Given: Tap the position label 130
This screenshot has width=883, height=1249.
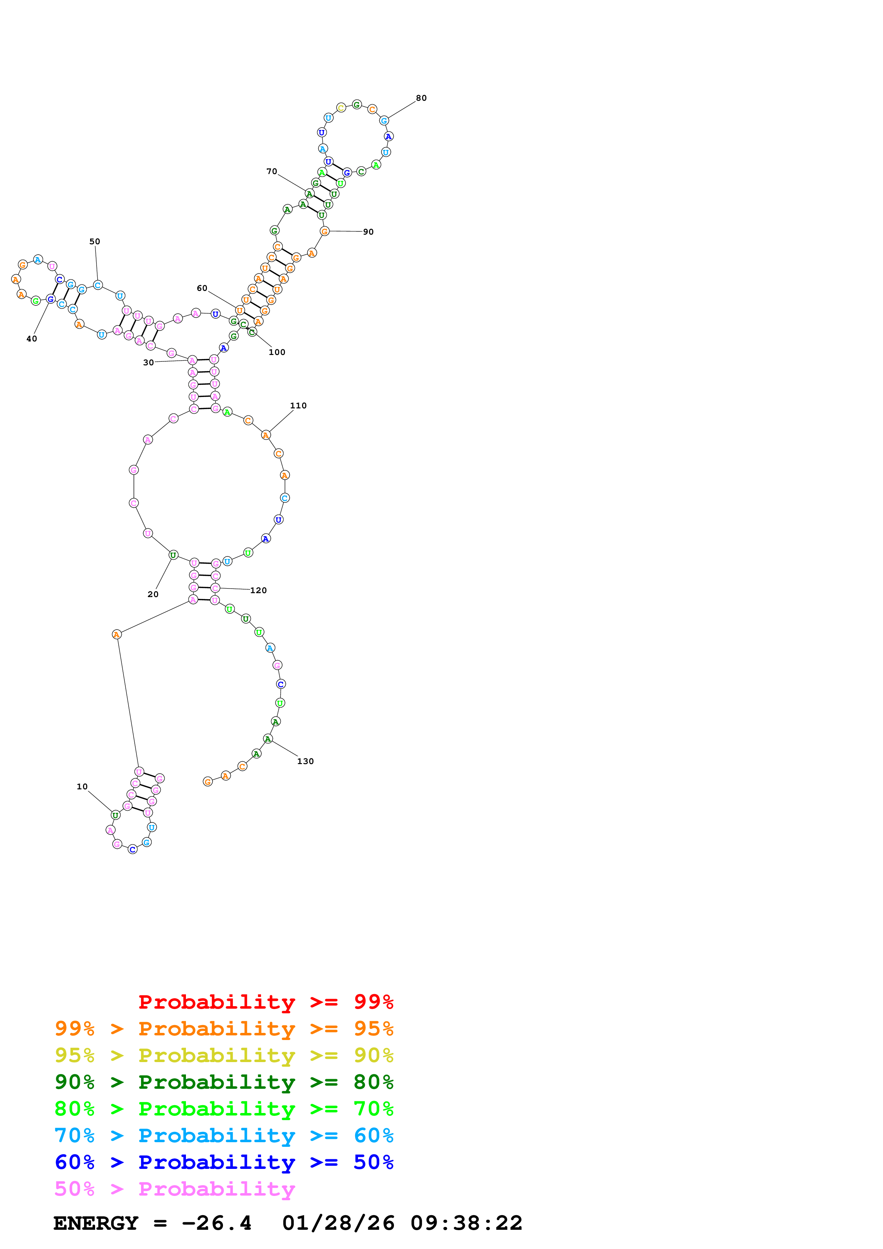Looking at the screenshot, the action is [305, 761].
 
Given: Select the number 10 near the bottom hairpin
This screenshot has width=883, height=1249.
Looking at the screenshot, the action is [82, 786].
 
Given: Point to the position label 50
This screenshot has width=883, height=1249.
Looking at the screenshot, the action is [95, 241].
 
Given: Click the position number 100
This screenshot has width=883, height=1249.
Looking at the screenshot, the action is [277, 352].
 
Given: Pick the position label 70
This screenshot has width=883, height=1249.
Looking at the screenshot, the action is [271, 171].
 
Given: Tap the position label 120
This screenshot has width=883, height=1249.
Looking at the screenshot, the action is [259, 590].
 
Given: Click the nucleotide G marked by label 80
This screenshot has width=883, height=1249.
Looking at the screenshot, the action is [384, 121].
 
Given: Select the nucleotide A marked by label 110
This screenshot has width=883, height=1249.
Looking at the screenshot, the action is [265, 435].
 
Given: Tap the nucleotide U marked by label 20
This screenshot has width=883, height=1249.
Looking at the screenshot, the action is [173, 555].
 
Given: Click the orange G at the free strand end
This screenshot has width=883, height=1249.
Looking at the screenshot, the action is [207, 782].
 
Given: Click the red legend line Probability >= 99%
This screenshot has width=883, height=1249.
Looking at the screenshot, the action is [265, 1002].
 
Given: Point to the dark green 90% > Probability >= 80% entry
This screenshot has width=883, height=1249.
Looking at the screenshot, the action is [224, 1082].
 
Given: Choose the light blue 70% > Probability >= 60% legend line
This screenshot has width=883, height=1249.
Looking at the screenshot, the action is [224, 1135].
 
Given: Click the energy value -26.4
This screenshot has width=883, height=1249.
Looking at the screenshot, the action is [217, 1223].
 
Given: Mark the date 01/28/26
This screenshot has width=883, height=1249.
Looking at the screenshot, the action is [338, 1223].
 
